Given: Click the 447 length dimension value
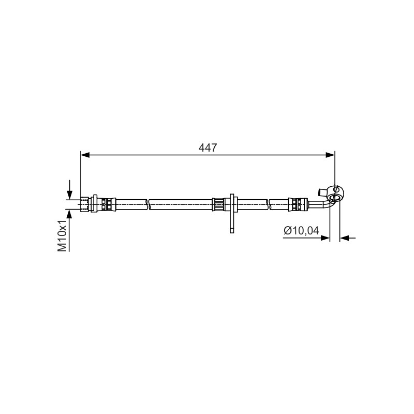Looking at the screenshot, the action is tap(208, 147).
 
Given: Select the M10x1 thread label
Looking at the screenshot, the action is tap(63, 235).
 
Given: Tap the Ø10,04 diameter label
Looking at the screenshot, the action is tap(301, 230).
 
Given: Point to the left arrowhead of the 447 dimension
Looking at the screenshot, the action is tap(85, 155).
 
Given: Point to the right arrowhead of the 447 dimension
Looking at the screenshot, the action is tap(330, 155).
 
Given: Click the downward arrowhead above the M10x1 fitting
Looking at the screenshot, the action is tap(69, 195).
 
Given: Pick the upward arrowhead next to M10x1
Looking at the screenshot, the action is tap(69, 214).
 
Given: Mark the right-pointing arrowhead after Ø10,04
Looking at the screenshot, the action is tap(326, 238).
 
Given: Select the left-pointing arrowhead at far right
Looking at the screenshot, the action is tap(344, 238).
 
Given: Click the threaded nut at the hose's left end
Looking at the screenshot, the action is tap(84, 204).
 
